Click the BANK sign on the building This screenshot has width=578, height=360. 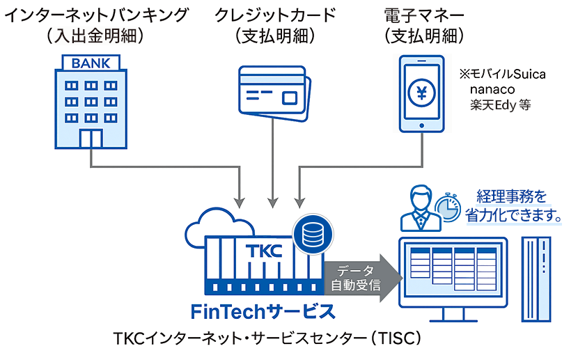[91, 64]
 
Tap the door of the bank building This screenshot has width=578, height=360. [91, 138]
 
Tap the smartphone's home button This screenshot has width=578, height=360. [421, 124]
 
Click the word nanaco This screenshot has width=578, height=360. [494, 90]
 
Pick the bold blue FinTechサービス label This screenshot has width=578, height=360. [258, 311]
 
